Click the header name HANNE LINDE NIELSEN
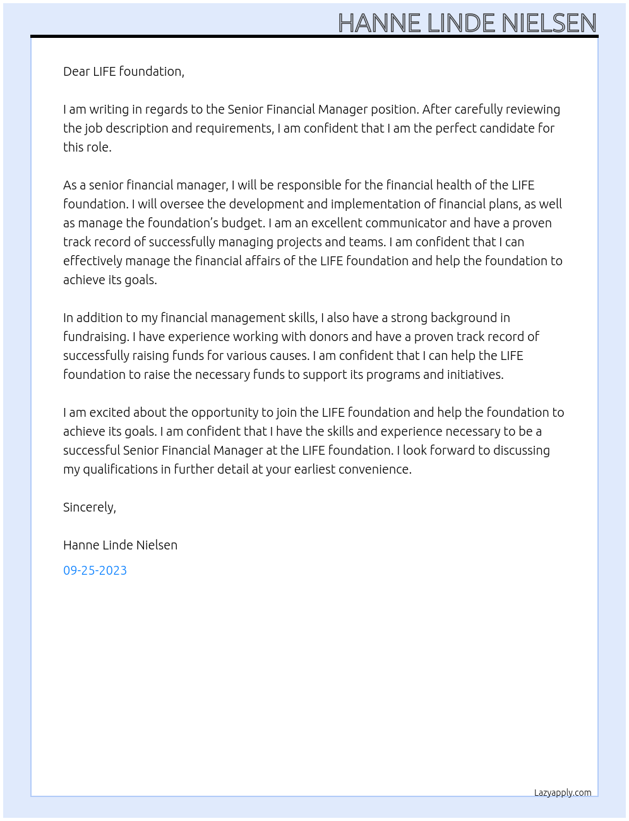coord(467,23)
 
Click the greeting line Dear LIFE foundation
coord(123,71)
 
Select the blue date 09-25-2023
coord(95,570)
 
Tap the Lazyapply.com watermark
coord(562,793)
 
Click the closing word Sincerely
coord(89,507)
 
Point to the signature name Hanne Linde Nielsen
coord(120,545)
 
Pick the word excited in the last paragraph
coord(110,412)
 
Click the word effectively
coord(92,261)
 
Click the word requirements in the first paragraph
coord(233,128)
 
